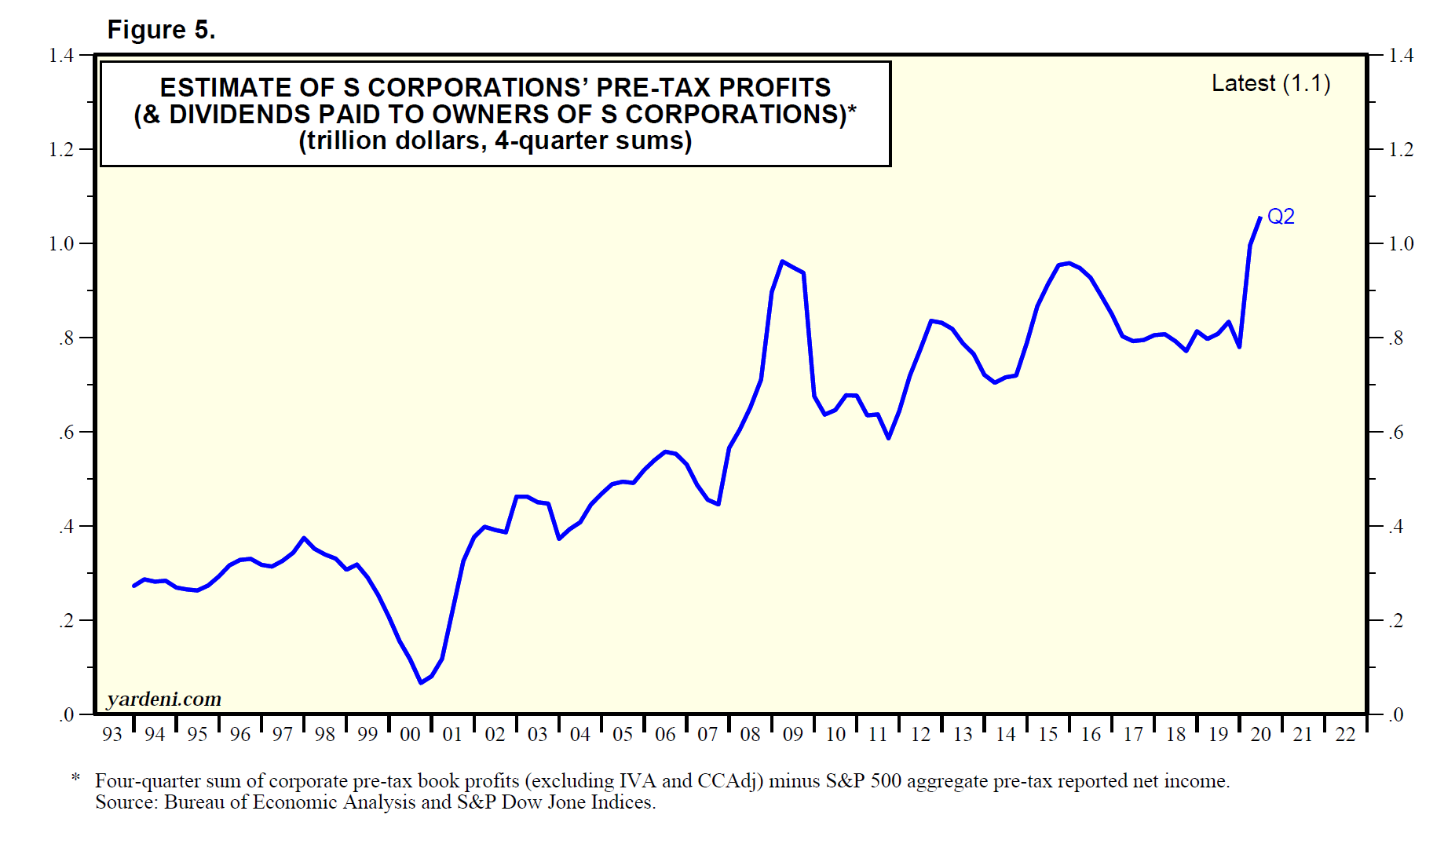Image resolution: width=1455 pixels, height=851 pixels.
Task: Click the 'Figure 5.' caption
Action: [161, 30]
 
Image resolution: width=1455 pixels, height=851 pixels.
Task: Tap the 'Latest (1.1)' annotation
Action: [1270, 83]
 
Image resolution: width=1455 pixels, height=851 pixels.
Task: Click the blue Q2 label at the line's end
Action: [1281, 217]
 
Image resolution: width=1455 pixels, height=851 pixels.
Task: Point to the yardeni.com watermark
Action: [164, 699]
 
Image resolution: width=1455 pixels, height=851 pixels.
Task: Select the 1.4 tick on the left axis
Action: [61, 55]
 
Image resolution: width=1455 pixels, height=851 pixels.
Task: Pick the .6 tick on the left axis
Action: [66, 432]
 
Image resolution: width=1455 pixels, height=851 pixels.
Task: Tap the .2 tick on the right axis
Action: [1395, 620]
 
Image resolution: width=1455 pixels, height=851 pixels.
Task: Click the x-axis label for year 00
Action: [410, 735]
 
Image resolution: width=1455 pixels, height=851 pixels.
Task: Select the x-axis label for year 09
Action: [793, 735]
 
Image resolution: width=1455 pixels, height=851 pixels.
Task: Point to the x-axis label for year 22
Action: [1346, 735]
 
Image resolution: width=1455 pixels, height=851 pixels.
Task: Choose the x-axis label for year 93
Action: [112, 735]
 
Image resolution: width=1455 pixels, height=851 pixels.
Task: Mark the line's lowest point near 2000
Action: [421, 683]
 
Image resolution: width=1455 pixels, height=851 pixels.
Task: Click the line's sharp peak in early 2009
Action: [782, 261]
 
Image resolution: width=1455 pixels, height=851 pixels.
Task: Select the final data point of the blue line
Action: [1260, 217]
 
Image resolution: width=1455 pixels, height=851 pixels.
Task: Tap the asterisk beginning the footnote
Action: [76, 778]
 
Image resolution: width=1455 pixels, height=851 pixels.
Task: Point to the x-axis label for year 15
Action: [1048, 735]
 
